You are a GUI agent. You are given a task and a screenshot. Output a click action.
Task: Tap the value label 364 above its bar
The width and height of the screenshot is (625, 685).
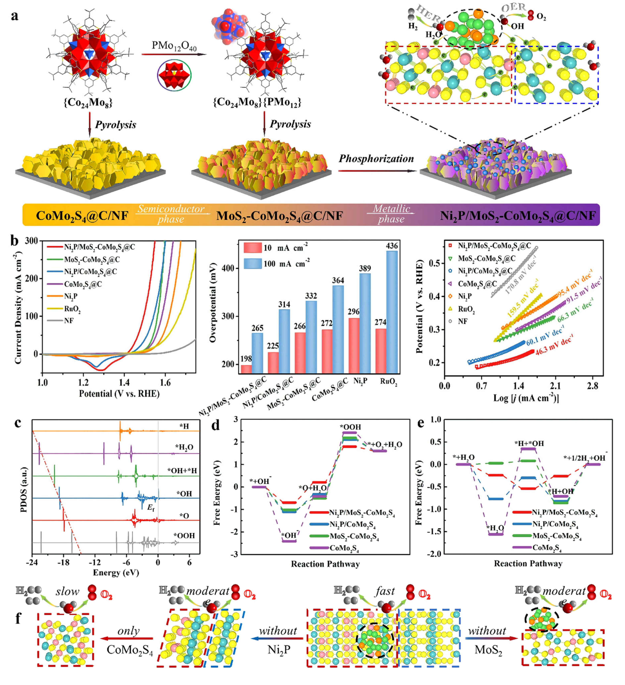pyautogui.click(x=338, y=280)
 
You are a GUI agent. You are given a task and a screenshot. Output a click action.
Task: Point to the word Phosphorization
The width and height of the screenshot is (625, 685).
pyautogui.click(x=376, y=159)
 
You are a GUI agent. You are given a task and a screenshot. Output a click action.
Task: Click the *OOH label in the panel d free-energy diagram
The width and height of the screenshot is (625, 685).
pyautogui.click(x=350, y=427)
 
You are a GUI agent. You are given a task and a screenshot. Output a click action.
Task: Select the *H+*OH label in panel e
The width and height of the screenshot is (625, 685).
pyautogui.click(x=529, y=443)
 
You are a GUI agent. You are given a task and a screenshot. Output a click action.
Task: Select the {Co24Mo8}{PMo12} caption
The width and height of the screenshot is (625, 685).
pyautogui.click(x=257, y=102)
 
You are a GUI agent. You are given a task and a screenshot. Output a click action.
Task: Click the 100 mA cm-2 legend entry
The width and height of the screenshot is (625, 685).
pyautogui.click(x=287, y=263)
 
